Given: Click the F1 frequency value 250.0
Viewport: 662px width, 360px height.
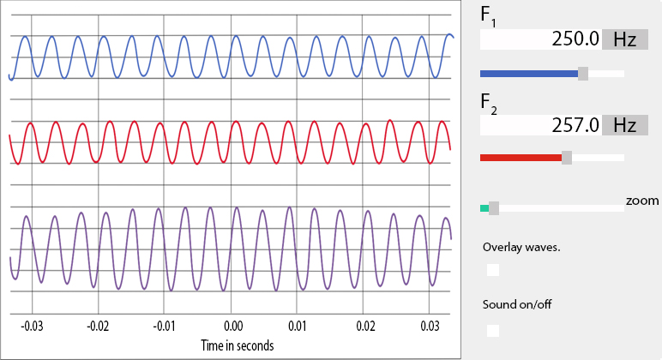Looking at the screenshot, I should [572, 40].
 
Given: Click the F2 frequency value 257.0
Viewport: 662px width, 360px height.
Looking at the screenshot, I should [572, 125].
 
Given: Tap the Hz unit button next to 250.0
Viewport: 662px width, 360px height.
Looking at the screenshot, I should [624, 40].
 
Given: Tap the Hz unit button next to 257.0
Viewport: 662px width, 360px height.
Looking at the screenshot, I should [624, 125].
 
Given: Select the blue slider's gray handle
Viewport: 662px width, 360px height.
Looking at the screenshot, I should [583, 74].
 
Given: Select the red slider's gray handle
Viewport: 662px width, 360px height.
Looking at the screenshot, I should [567, 158].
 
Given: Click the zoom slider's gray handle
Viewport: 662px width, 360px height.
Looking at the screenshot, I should [493, 208].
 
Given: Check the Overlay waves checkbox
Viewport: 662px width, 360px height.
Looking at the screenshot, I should [493, 270].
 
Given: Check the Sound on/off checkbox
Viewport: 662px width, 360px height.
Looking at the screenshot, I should [493, 330].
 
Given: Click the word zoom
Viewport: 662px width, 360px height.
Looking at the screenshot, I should [642, 201].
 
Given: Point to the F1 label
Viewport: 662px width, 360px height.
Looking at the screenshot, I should [488, 16].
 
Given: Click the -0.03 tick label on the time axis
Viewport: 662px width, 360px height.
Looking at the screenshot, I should [32, 327].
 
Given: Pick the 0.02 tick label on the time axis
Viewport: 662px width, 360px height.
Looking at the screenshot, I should [366, 327].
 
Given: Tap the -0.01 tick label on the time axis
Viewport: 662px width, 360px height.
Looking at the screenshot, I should [165, 327].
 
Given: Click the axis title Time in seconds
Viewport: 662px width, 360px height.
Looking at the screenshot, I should [238, 345].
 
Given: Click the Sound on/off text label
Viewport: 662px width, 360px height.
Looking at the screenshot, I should [517, 304].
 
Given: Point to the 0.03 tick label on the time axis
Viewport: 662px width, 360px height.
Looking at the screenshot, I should [432, 327].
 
